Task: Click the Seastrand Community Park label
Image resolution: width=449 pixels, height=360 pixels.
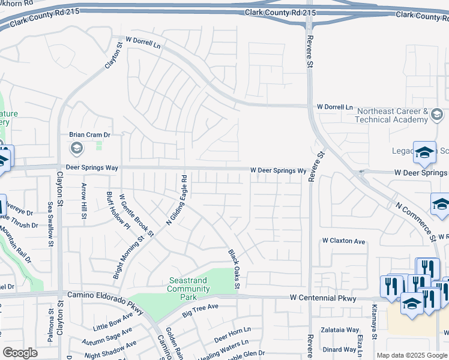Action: pyautogui.click(x=189, y=284)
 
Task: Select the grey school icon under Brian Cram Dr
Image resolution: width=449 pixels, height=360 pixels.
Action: pyautogui.click(x=76, y=148)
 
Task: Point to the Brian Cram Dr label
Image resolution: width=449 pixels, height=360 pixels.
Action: pyautogui.click(x=89, y=136)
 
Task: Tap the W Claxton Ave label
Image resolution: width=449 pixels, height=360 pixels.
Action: pyautogui.click(x=343, y=241)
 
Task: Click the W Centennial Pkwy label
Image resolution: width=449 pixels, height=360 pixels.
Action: pyautogui.click(x=323, y=298)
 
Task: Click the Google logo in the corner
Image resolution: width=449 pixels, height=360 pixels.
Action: pyautogui.click(x=20, y=353)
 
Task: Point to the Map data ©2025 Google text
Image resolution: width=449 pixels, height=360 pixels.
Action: pyautogui.click(x=411, y=355)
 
